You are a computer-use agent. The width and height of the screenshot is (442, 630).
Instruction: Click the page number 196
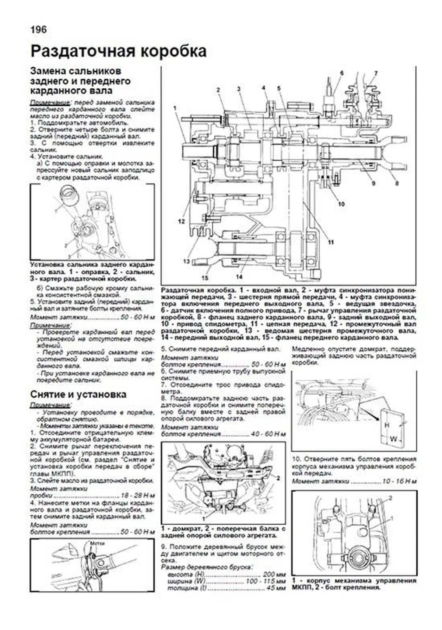pyautogui.click(x=38, y=29)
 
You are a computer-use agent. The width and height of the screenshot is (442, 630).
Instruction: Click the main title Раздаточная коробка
pyautogui.click(x=118, y=51)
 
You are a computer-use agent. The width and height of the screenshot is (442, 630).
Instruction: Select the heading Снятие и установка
pyautogui.click(x=78, y=394)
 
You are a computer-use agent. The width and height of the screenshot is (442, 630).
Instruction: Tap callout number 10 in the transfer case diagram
pyautogui.click(x=341, y=203)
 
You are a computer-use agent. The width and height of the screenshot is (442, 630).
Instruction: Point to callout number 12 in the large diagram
pyautogui.click(x=181, y=221)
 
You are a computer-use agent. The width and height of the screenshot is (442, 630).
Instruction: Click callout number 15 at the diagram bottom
pyautogui.click(x=205, y=277)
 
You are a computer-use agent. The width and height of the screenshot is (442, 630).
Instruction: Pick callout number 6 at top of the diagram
pyautogui.click(x=341, y=73)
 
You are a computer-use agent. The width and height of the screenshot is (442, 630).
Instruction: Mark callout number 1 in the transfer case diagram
pyautogui.click(x=175, y=108)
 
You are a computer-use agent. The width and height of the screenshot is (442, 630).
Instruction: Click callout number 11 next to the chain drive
pyautogui.click(x=331, y=242)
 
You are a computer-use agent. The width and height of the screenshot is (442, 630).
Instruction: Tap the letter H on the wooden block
pyautogui.click(x=387, y=425)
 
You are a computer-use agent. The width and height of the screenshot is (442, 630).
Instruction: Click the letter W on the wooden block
pyautogui.click(x=393, y=439)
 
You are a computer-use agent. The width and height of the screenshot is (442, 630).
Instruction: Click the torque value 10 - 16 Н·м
pyautogui.click(x=400, y=481)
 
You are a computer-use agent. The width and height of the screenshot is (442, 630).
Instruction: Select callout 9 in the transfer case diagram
pyautogui.click(x=373, y=183)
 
